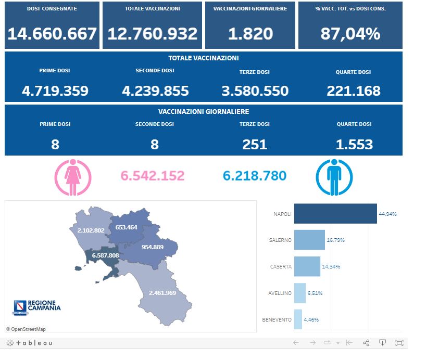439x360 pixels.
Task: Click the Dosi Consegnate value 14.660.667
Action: click(52, 34)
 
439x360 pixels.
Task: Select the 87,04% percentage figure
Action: click(350, 34)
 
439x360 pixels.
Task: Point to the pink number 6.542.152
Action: click(152, 176)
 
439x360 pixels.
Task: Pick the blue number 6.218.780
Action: click(255, 176)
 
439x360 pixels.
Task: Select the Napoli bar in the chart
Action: click(335, 214)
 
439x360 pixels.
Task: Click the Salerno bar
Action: click(309, 240)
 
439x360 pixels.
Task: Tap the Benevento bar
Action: click(298, 319)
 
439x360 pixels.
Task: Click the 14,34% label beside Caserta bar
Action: click(331, 266)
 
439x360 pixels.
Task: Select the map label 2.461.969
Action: click(162, 293)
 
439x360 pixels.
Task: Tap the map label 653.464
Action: click(126, 227)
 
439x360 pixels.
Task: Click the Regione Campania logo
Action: click(36, 306)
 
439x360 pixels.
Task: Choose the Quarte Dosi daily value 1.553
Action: click(354, 144)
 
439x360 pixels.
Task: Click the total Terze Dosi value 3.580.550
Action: click(255, 91)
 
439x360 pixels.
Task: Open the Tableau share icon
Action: click(366, 343)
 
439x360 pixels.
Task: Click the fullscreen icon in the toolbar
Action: click(399, 343)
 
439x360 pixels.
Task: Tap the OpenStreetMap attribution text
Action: click(26, 329)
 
